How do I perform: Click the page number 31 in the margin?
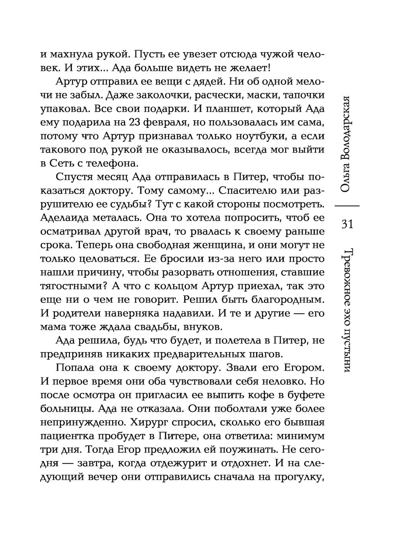[347, 223]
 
